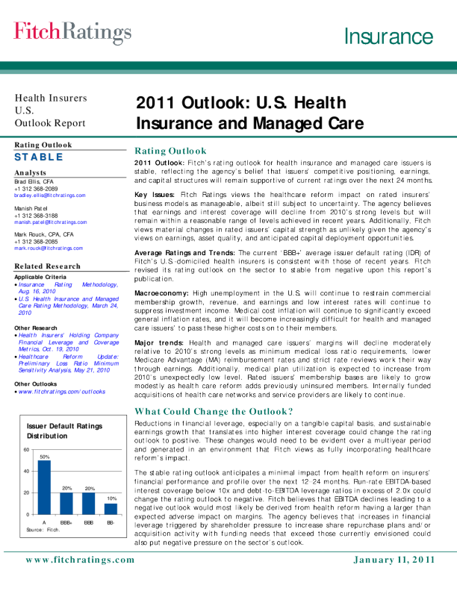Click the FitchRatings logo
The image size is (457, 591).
pos(72,33)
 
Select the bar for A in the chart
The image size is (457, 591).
pos(45,487)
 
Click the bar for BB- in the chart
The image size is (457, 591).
pos(111,508)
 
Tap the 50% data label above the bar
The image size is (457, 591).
pos(45,456)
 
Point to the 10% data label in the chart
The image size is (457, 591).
pos(111,498)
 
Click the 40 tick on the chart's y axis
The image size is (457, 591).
pos(27,471)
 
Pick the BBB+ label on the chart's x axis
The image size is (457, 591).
pos(66,522)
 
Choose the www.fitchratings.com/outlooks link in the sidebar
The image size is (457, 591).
pos(62,391)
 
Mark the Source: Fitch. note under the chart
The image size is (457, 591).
pos(42,529)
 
